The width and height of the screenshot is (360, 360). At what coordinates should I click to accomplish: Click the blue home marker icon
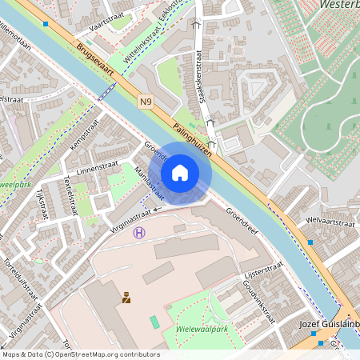pyautogui.click(x=180, y=172)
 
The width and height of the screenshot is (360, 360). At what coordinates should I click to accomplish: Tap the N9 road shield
pyautogui.click(x=145, y=102)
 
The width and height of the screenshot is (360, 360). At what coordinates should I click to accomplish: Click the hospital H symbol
pyautogui.click(x=140, y=233)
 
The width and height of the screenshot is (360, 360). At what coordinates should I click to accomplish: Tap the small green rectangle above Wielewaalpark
pyautogui.click(x=154, y=321)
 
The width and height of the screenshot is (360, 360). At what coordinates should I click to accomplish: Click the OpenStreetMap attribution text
pyautogui.click(x=80, y=354)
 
